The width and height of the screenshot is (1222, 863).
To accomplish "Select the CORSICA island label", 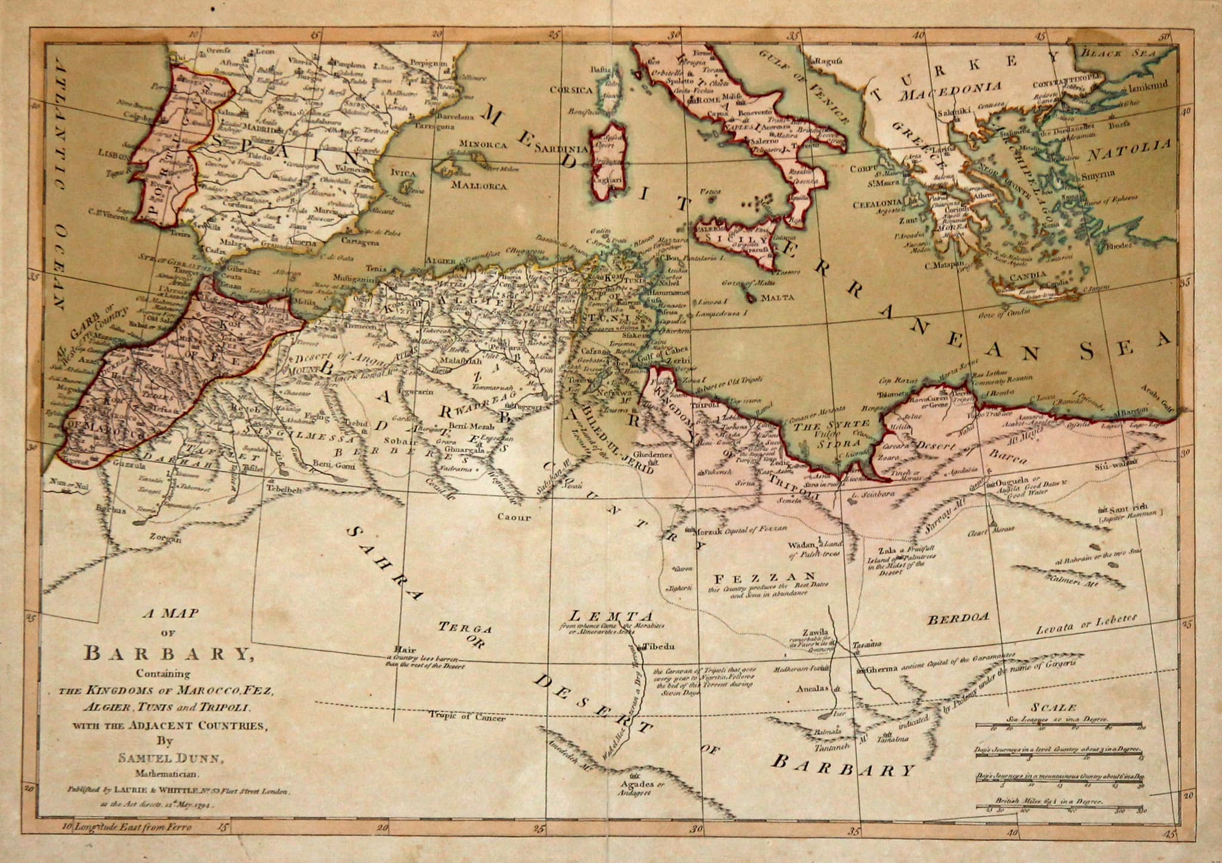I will (x=572, y=91).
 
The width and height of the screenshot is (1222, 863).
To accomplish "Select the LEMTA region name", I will (x=611, y=615).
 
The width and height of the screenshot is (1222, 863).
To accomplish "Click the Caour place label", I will (x=514, y=517).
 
